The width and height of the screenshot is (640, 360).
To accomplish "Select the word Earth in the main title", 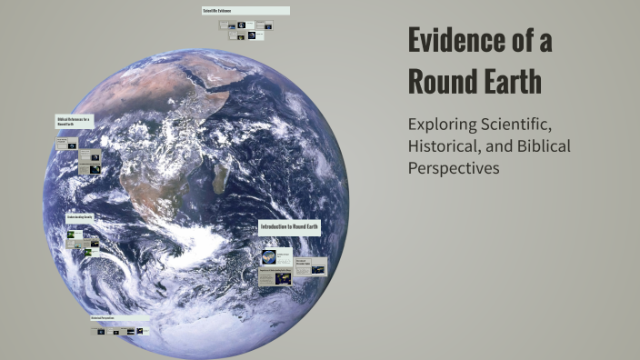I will click(x=511, y=82).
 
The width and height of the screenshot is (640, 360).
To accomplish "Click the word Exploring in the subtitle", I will click(x=445, y=124).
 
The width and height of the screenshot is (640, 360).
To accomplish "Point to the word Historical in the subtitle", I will click(x=443, y=145).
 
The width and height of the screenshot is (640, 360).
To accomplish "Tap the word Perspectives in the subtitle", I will click(x=454, y=168).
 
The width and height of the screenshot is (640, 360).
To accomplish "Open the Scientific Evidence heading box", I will click(x=245, y=11).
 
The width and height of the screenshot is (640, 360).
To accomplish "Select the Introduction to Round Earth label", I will click(x=289, y=226).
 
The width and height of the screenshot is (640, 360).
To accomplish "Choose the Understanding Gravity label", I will click(x=80, y=218).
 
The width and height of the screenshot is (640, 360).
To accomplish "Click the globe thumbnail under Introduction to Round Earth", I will click(x=269, y=258).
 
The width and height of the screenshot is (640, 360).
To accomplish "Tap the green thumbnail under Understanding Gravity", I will click(x=71, y=235).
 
